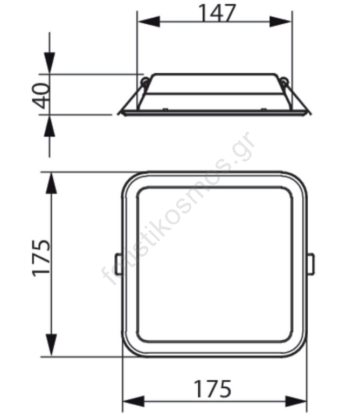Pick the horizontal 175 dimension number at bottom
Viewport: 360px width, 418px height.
(x=213, y=389)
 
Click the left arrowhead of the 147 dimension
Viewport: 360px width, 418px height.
(x=149, y=22)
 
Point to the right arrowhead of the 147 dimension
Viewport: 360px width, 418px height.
(x=280, y=22)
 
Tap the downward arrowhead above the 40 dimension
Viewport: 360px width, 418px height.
(x=50, y=63)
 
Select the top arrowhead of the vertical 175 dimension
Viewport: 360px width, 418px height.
(x=51, y=183)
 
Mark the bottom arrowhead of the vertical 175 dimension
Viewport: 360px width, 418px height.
(x=51, y=345)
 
